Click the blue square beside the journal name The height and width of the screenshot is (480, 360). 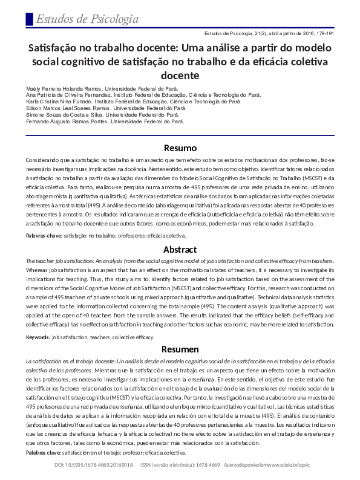(29, 19)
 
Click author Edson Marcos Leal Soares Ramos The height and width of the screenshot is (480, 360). (67, 108)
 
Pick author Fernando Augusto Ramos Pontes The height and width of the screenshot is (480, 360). (64, 121)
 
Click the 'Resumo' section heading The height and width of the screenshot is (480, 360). (180, 148)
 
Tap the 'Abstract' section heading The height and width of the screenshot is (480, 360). (180, 249)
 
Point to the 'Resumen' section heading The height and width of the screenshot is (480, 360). (180, 349)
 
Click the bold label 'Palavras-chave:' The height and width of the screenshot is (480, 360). (44, 235)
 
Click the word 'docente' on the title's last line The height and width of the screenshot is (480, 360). (180, 76)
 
